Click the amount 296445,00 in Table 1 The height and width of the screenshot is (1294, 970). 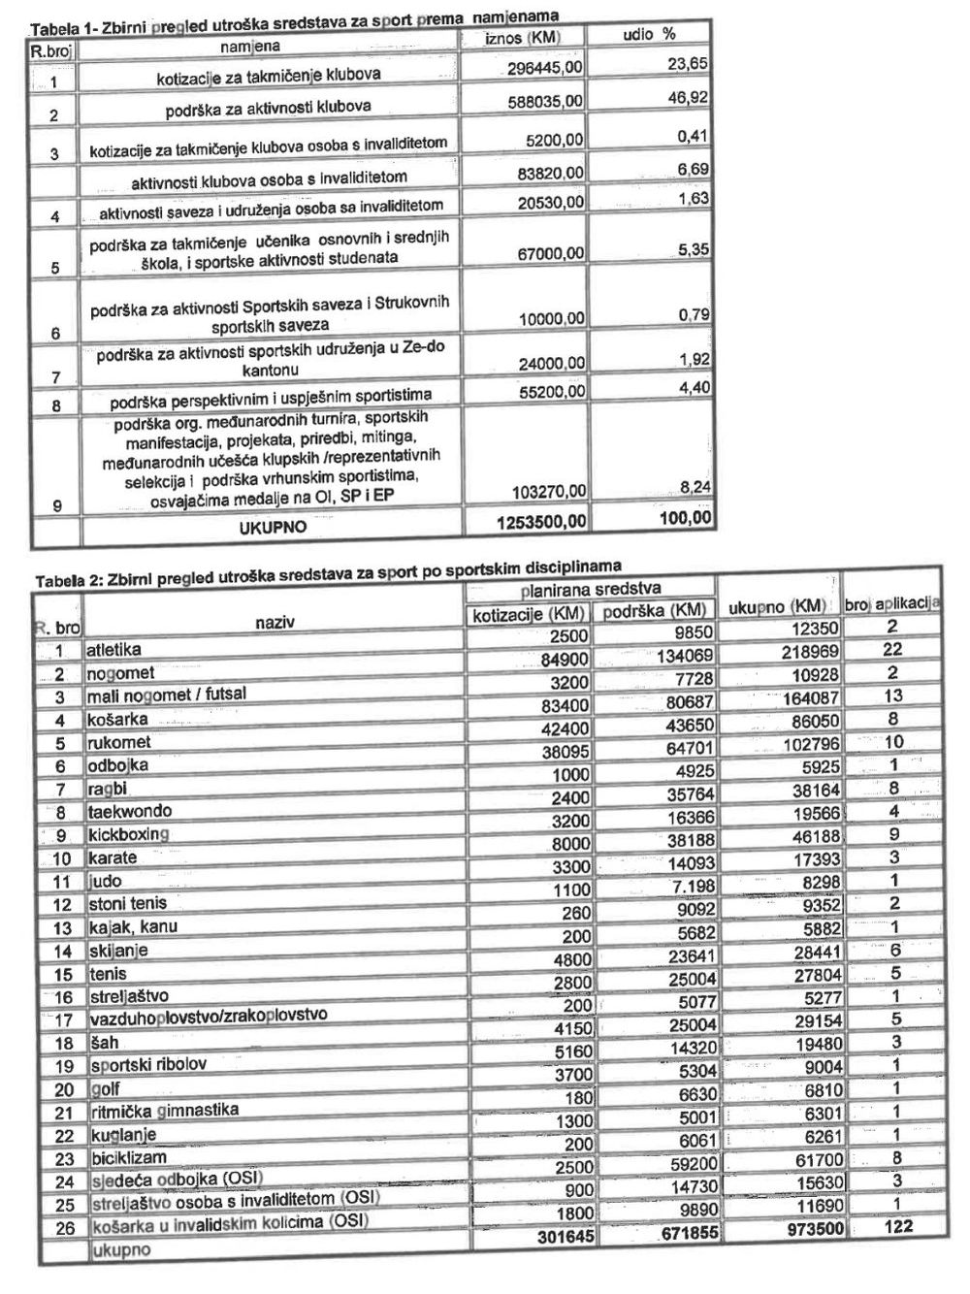point(545,68)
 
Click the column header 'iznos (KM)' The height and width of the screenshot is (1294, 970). point(522,37)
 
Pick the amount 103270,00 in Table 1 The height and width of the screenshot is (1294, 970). point(547,492)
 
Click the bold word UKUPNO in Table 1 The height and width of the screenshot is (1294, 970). point(273,527)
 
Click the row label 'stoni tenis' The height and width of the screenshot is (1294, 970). point(127,904)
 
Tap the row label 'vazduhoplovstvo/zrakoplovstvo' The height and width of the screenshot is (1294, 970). point(208,1018)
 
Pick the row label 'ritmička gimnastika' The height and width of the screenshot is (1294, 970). point(163,1110)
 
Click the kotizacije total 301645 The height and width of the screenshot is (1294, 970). point(555,1236)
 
